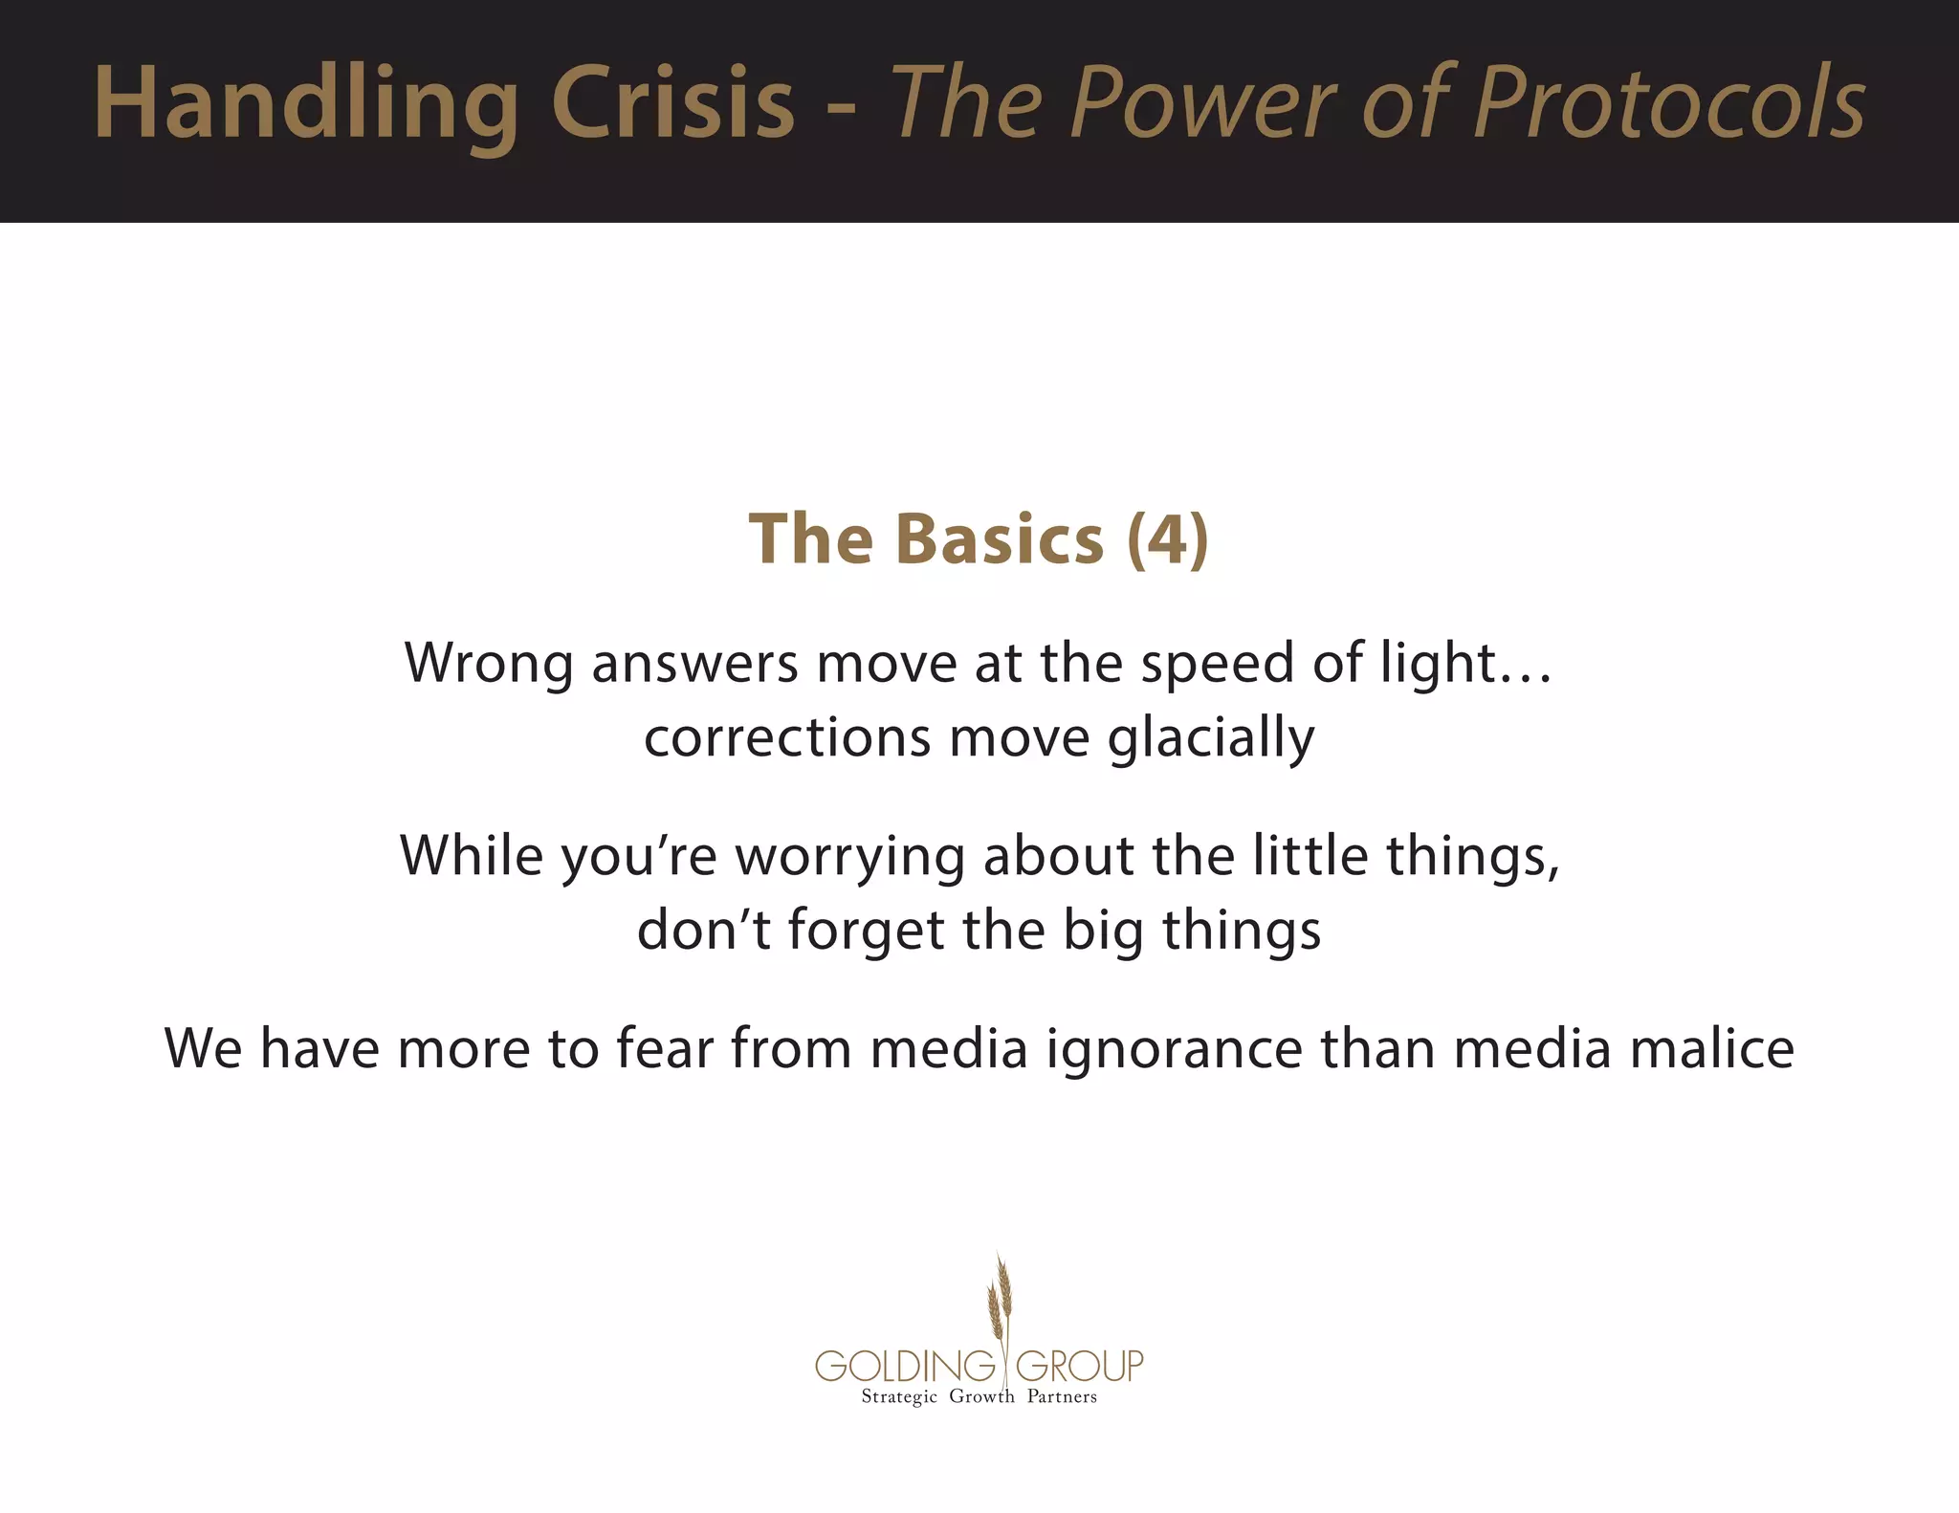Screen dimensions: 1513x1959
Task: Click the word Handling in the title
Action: (306, 103)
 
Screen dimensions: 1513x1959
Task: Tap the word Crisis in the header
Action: (672, 103)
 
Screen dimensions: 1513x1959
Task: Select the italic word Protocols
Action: (1669, 103)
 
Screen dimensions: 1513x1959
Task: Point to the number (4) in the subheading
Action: (1168, 539)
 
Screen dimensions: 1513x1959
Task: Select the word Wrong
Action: (489, 663)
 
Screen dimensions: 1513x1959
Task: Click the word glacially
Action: (1211, 738)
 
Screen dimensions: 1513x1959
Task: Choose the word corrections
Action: (787, 738)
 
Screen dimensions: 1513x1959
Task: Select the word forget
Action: (866, 931)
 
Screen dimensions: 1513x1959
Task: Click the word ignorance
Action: (1174, 1049)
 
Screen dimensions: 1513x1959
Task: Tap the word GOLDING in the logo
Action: (906, 1366)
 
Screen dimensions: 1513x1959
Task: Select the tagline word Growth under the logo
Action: (981, 1397)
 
